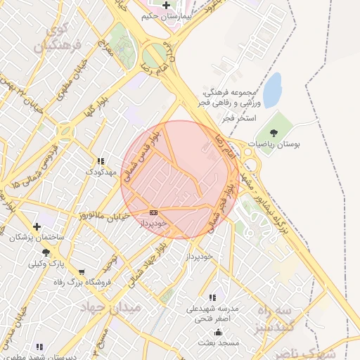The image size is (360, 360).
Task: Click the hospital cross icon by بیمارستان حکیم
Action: [x=165, y=5]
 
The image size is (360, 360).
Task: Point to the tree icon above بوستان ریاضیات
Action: [x=273, y=133]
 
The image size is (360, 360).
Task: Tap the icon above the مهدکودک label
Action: [x=100, y=161]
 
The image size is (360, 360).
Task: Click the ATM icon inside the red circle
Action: [x=153, y=212]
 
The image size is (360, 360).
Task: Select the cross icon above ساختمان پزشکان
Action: [x=37, y=226]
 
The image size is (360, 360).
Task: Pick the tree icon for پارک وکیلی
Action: [x=46, y=252]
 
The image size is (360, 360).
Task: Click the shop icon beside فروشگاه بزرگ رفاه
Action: [x=82, y=271]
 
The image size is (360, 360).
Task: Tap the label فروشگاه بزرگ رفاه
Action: [x=78, y=282]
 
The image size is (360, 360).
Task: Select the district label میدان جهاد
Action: [x=116, y=308]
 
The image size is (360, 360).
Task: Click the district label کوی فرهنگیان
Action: [x=63, y=39]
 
